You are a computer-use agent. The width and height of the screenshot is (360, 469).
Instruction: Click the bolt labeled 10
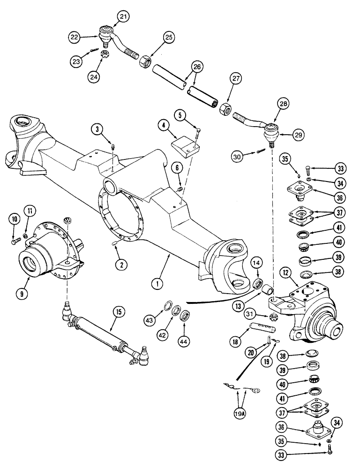[x=15, y=242]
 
